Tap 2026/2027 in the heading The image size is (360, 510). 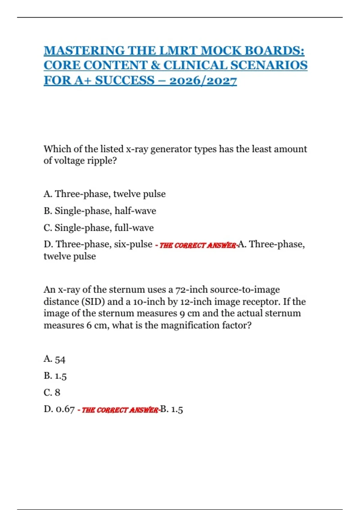(x=203, y=80)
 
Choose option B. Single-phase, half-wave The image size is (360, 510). (x=100, y=211)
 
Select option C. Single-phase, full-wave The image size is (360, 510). (x=99, y=228)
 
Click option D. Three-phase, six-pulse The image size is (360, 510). (x=98, y=244)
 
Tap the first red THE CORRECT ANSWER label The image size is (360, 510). (x=197, y=245)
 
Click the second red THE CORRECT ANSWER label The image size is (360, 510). (x=120, y=410)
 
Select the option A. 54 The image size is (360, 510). (x=54, y=359)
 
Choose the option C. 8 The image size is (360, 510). (x=52, y=392)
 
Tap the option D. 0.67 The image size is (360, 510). (x=59, y=409)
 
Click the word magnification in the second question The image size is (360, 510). (x=190, y=325)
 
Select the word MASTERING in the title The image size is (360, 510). (x=84, y=50)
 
